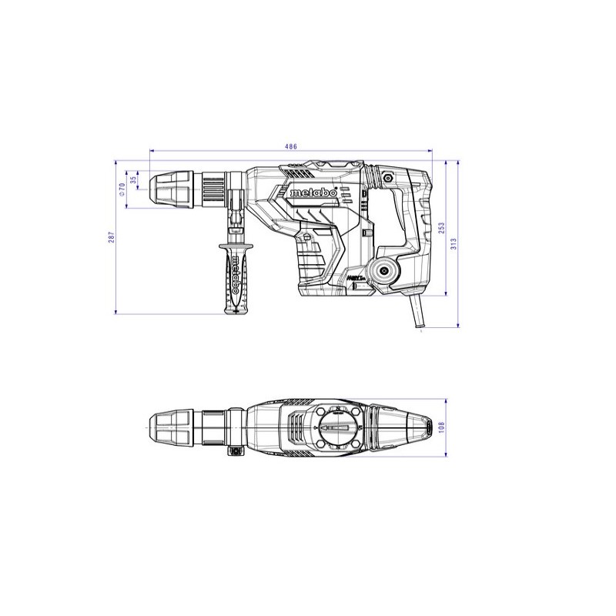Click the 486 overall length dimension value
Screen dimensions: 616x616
click(x=290, y=146)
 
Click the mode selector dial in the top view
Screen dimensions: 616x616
click(x=338, y=427)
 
